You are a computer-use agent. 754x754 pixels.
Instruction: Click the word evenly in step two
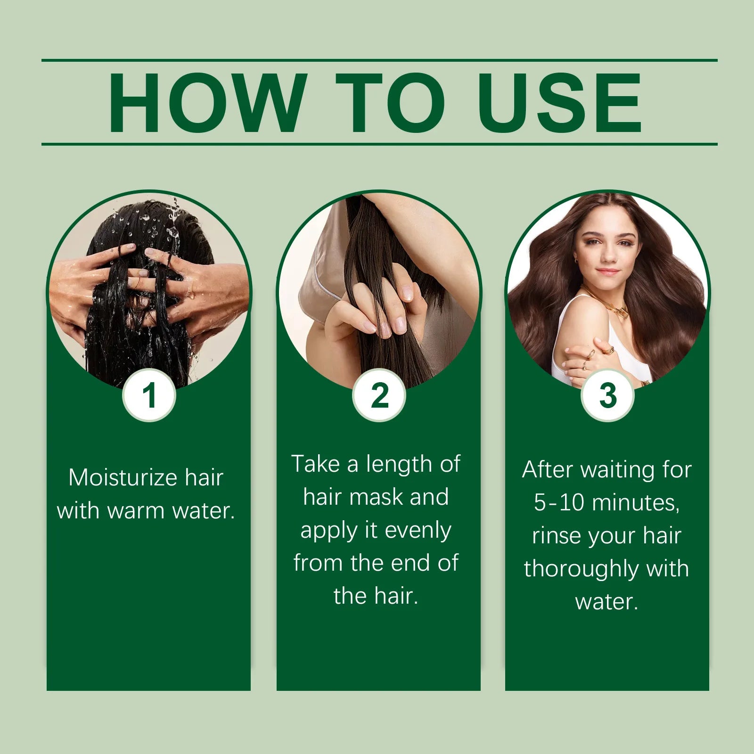coord(418,530)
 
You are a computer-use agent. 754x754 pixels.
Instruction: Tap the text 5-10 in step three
coord(559,502)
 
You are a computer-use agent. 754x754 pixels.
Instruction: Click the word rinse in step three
coord(554,536)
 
